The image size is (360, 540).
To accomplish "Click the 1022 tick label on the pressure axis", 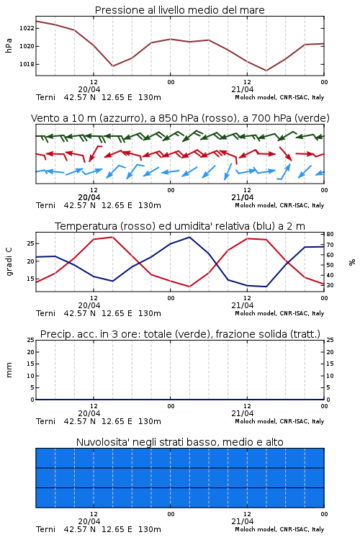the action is pos(27,28).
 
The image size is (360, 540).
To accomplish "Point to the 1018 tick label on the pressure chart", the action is pos(27,64).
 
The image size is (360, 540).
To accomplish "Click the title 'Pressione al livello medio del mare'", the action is pos(180,10).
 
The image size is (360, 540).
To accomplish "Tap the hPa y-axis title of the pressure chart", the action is pos(9,45).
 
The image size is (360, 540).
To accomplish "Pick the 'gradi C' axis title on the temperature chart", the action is pos(9,261).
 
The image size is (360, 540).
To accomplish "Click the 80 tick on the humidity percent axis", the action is pos(330,234).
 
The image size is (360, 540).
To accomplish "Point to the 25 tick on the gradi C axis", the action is pos(30,243).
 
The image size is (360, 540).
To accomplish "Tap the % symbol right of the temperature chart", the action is pos(352,262).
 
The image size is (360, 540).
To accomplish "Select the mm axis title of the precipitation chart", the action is pos(9,370).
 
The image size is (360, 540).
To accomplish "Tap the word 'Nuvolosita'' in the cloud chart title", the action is pos(102,442).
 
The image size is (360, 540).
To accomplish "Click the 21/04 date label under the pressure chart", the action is pos(243,89).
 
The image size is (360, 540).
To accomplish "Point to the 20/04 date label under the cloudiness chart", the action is pos(89,521).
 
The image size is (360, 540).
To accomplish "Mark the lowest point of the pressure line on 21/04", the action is pos(266,71).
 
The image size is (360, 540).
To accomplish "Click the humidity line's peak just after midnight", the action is pos(189,238).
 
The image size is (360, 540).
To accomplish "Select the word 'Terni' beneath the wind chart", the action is pos(45,206).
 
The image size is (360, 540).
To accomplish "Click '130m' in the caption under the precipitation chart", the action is pos(150,421).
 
